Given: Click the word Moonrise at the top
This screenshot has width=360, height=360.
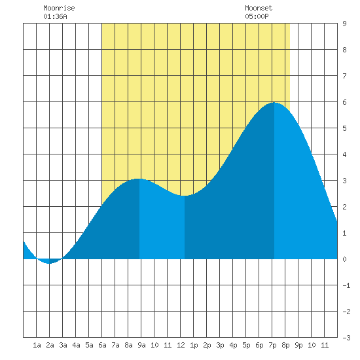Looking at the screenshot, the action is click(x=59, y=8).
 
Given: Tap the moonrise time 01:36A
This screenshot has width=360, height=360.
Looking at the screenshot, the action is click(x=55, y=16).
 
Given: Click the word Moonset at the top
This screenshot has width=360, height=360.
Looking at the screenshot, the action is click(x=259, y=8).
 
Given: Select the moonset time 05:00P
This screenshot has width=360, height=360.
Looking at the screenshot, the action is click(x=257, y=16).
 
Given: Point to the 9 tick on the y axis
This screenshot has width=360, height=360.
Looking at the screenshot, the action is click(x=344, y=24).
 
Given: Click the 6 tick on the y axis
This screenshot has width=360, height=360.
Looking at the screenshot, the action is click(x=344, y=102).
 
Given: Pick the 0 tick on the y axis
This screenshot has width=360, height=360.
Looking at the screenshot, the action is click(x=344, y=259).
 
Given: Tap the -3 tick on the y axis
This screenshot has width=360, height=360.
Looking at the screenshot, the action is click(x=346, y=338).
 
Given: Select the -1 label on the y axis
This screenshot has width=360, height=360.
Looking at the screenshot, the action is click(x=346, y=285).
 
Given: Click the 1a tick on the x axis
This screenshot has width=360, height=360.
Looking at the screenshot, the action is click(x=37, y=345).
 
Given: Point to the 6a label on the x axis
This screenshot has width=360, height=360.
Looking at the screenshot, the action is click(x=102, y=345).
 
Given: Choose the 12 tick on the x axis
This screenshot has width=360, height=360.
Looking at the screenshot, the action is click(x=181, y=345).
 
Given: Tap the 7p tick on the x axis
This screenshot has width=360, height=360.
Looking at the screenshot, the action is click(x=272, y=345).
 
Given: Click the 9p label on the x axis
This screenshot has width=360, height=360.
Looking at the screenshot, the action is click(x=298, y=345).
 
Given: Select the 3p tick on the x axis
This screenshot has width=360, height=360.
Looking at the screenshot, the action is click(x=220, y=345).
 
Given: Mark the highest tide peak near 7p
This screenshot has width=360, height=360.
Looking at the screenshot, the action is click(x=274, y=103).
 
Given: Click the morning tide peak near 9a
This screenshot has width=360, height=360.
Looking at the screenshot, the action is click(x=139, y=179).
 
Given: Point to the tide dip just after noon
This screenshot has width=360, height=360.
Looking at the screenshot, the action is click(x=185, y=196).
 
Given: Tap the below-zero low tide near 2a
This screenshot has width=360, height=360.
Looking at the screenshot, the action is click(x=49, y=263).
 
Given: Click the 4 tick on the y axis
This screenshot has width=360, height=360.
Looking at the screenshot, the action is click(x=344, y=154).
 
